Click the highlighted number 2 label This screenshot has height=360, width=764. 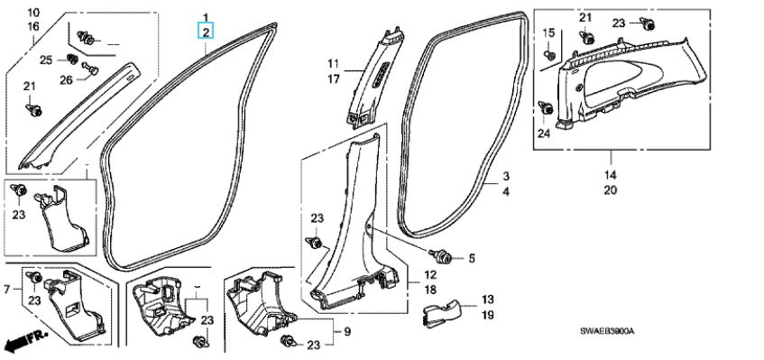(206, 32)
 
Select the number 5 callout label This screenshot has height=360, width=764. (472, 258)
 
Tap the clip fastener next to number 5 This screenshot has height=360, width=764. (440, 255)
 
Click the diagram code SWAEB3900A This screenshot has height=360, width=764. (607, 332)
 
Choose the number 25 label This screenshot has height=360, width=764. (46, 60)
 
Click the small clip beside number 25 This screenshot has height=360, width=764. (72, 59)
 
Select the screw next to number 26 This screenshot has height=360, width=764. (90, 69)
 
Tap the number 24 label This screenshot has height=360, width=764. (544, 133)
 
